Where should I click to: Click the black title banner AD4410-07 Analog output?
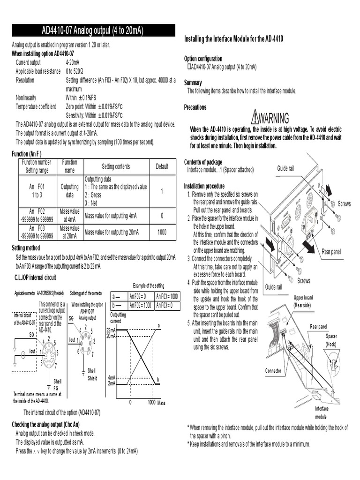point(93,30)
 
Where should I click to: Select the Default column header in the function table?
point(162,166)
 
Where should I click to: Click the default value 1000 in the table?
point(162,232)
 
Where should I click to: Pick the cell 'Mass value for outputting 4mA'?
point(111,216)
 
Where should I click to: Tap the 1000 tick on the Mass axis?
point(151,403)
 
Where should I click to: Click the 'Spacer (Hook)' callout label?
point(331,340)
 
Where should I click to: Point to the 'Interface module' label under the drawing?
point(321,412)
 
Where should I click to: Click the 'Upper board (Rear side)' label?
point(303,301)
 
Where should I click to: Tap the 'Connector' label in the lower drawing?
point(273,371)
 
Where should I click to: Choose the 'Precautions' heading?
point(195,107)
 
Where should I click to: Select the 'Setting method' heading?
point(26,248)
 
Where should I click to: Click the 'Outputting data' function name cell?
point(70,191)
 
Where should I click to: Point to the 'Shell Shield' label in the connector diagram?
point(92,375)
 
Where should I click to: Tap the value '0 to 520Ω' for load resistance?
point(75,71)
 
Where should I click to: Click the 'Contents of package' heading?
point(203,162)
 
